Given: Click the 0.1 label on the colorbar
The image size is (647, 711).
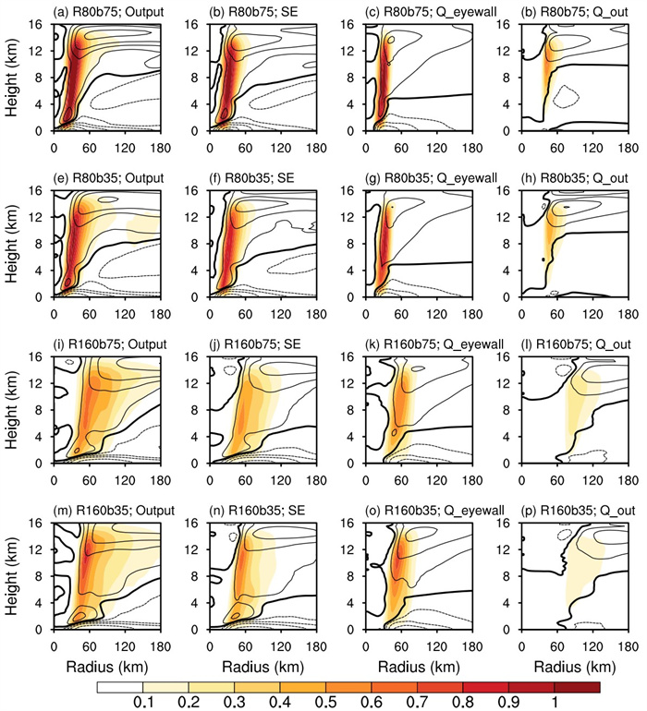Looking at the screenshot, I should click(142, 704).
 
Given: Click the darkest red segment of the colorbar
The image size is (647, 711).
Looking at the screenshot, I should click(577, 688).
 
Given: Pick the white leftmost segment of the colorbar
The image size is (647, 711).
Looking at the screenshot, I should click(119, 688).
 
